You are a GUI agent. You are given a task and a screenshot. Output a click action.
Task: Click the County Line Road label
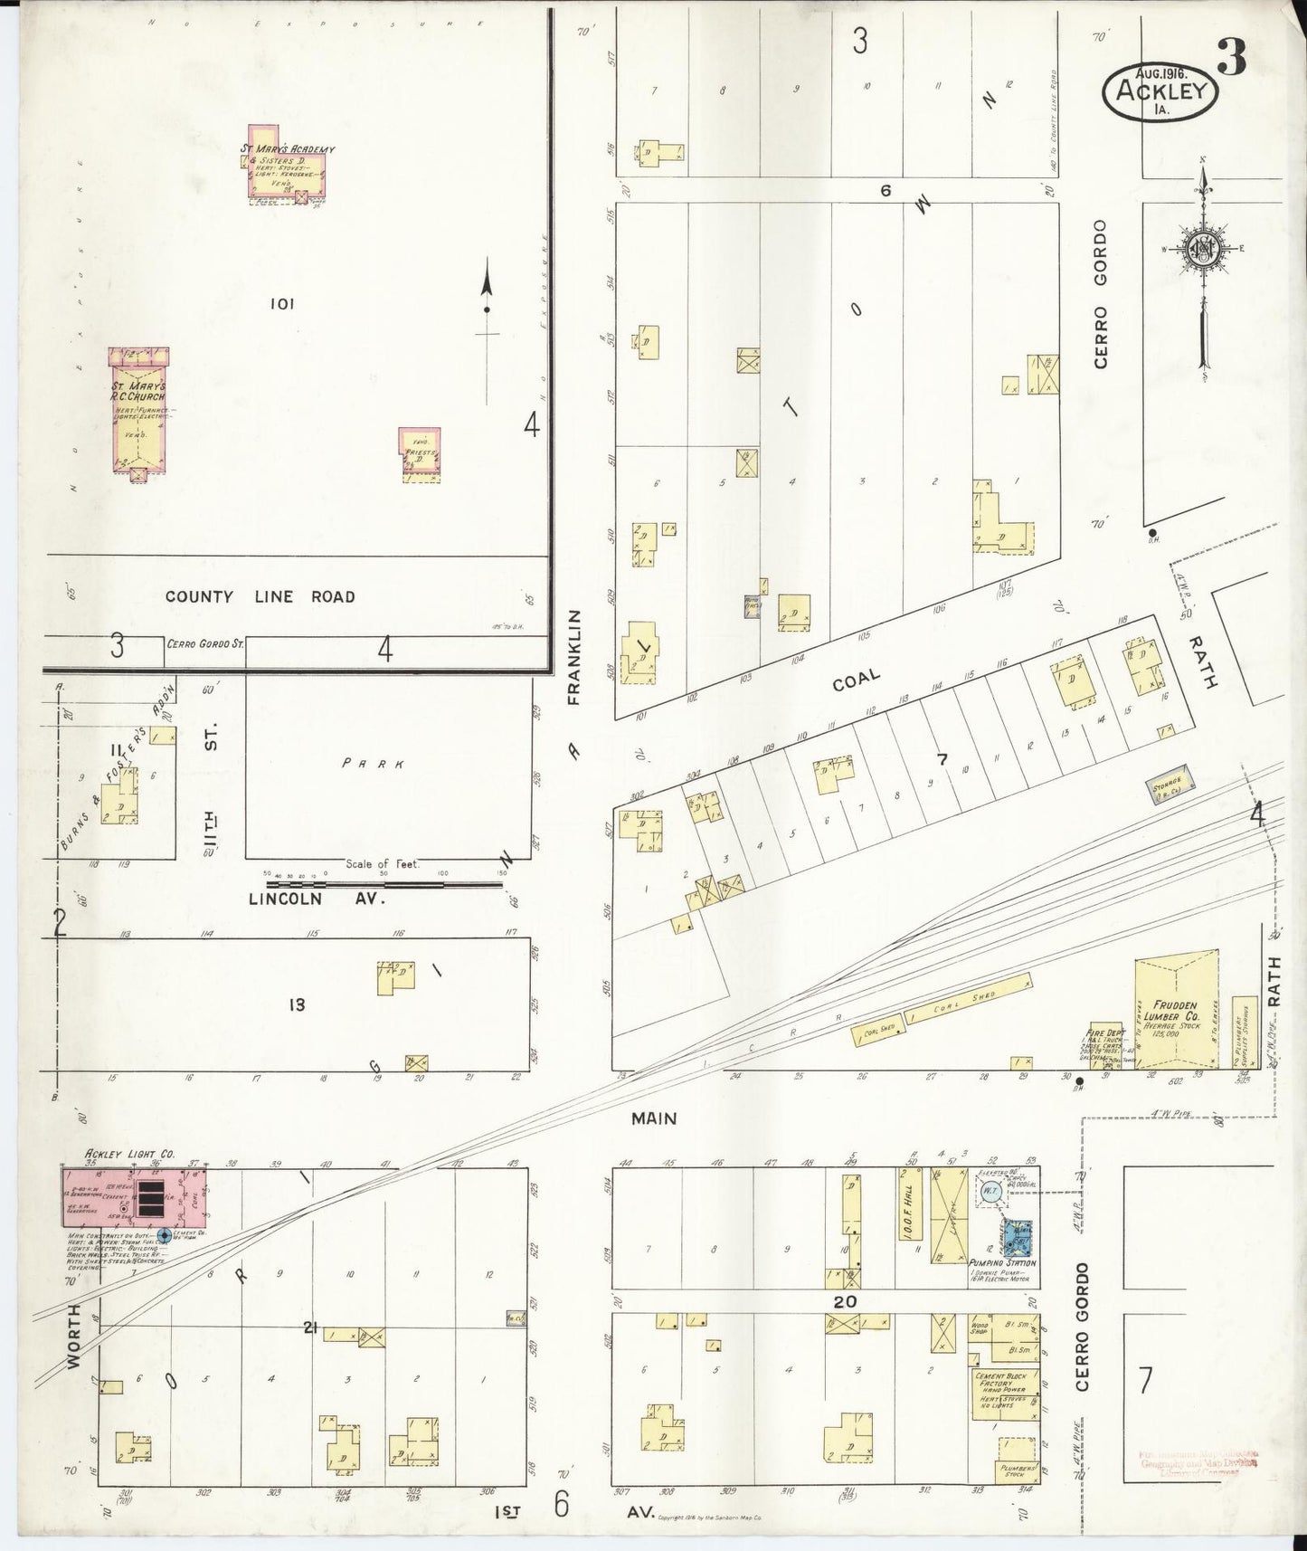point(260,596)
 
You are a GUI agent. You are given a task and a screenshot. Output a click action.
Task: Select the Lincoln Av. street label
point(317,899)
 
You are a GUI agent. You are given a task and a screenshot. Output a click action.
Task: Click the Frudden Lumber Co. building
point(1176,1013)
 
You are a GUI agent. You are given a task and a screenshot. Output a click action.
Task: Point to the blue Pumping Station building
point(1017,1236)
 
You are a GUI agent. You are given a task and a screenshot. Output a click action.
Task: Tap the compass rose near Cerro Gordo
point(1204,249)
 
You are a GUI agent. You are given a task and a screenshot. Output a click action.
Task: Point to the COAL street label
point(856,680)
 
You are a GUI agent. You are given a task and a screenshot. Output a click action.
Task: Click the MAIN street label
point(654,1118)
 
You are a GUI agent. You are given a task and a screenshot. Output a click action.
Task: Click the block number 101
point(282,305)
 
